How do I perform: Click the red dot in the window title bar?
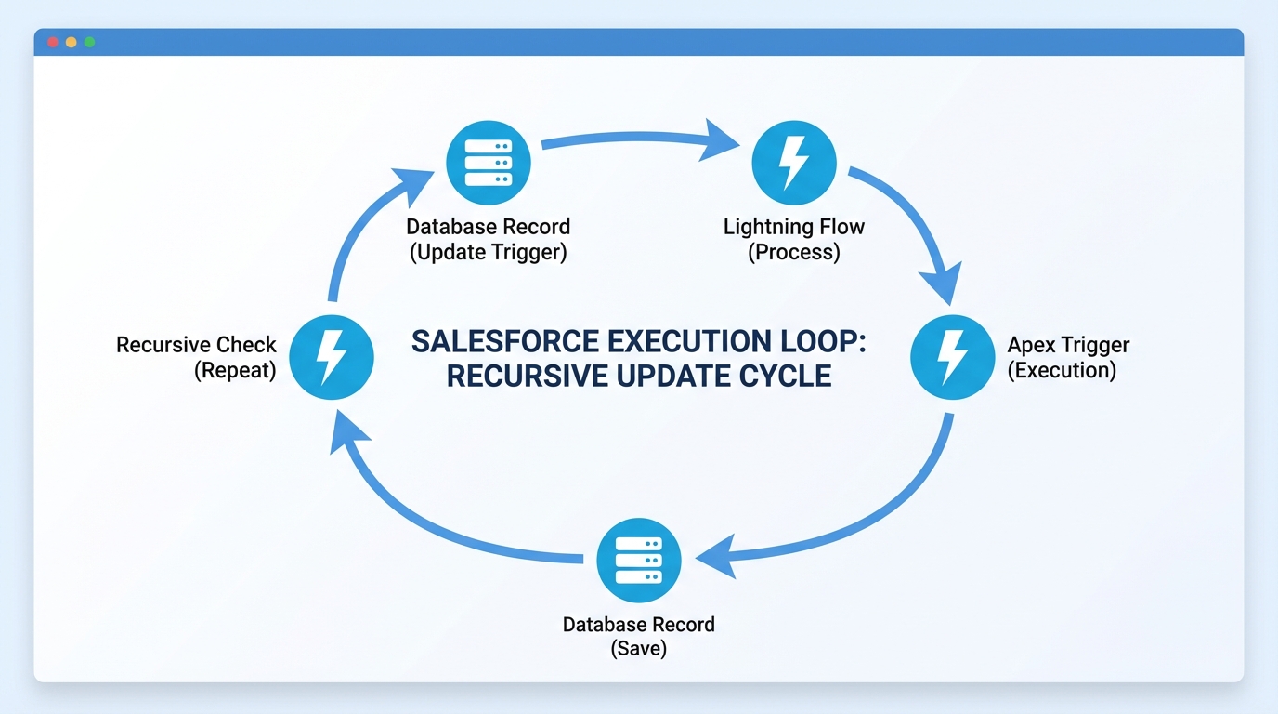click(x=53, y=43)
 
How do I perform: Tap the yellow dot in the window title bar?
click(x=71, y=43)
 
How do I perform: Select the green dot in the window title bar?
click(x=89, y=43)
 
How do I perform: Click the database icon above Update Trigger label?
click(x=489, y=163)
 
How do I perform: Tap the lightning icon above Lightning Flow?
click(x=793, y=163)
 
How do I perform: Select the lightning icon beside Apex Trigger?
click(x=952, y=357)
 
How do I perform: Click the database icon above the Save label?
click(x=639, y=561)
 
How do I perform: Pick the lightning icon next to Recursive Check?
click(x=332, y=357)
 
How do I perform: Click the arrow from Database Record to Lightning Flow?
click(x=641, y=138)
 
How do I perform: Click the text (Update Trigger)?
click(x=488, y=253)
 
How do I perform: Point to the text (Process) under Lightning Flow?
click(x=793, y=253)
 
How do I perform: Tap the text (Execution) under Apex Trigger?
click(x=1062, y=370)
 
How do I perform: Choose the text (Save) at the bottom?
click(x=639, y=649)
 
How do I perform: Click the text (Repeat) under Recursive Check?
click(x=235, y=370)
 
